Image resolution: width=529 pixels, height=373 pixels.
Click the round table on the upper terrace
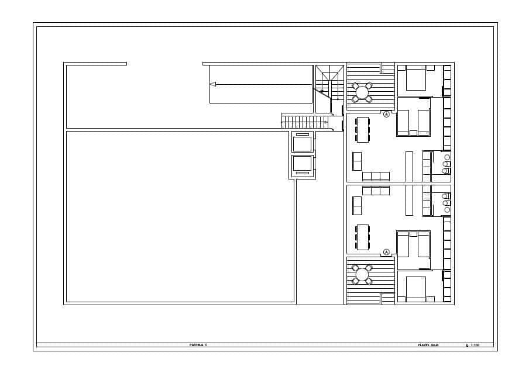click(362, 92)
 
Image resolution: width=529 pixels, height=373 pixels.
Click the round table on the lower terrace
click(362, 274)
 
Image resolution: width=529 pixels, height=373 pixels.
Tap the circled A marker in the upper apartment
click(386, 115)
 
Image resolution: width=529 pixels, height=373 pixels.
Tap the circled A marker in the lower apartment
click(386, 252)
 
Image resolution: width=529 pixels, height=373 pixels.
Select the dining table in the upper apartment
click(363, 130)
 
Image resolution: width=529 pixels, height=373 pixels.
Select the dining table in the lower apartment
click(363, 237)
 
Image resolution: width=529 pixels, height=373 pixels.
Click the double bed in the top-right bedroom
click(416, 78)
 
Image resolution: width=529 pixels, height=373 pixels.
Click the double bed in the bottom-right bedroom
click(416, 288)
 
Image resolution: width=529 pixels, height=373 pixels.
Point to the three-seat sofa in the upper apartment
click(376, 176)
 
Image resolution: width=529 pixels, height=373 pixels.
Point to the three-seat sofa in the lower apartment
click(376, 191)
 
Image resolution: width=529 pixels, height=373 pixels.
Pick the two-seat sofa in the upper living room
click(357, 161)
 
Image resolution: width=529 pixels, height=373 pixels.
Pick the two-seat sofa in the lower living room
click(357, 206)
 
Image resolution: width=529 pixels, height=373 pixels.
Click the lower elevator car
click(303, 164)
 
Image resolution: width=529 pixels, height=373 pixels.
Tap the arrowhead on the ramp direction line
click(213, 84)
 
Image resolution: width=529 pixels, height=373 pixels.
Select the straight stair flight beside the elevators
click(303, 122)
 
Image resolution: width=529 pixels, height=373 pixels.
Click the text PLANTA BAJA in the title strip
click(427, 346)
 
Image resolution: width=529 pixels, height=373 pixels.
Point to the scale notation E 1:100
click(473, 346)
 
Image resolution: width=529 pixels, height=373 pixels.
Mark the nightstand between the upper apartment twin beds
click(413, 133)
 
